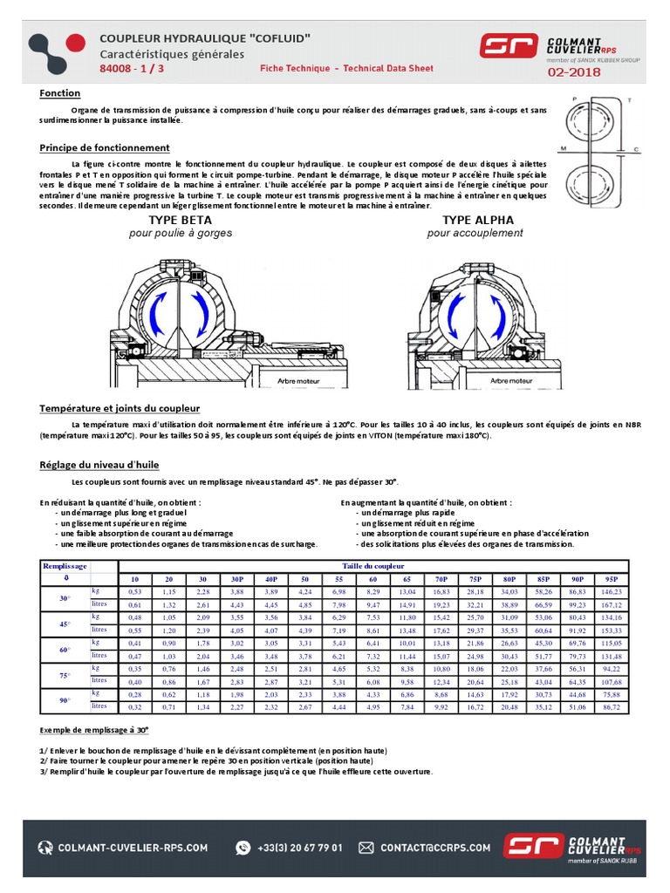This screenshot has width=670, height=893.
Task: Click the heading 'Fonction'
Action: pyautogui.click(x=60, y=93)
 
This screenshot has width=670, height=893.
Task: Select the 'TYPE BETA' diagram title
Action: pyautogui.click(x=181, y=220)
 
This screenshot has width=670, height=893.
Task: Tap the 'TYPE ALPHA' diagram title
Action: pyautogui.click(x=475, y=220)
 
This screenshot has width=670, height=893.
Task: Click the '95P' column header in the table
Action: pyautogui.click(x=610, y=579)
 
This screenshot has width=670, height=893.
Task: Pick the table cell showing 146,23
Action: pyautogui.click(x=610, y=591)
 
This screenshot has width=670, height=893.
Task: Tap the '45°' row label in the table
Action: pyautogui.click(x=64, y=624)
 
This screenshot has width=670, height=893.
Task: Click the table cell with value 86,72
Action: pyautogui.click(x=610, y=707)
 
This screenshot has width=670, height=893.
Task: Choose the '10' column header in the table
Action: pyautogui.click(x=134, y=579)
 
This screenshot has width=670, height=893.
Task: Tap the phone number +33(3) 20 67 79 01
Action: pyautogui.click(x=300, y=847)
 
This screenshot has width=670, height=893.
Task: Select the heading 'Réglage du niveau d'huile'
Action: pyautogui.click(x=99, y=465)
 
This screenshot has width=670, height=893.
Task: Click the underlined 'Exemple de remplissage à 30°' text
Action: pyautogui.click(x=94, y=729)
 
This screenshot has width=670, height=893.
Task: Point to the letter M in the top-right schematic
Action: pyautogui.click(x=564, y=147)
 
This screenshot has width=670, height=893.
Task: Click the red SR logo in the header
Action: pyautogui.click(x=509, y=45)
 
